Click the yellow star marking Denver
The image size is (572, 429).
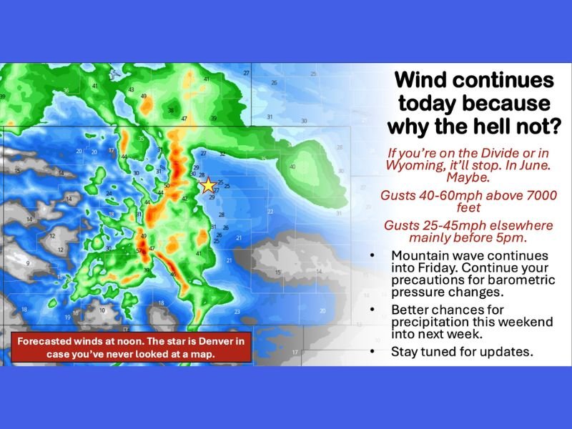click(x=208, y=185)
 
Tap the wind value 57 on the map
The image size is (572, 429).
click(x=139, y=251)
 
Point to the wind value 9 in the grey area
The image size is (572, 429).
click(x=28, y=263)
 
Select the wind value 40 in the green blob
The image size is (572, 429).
click(x=292, y=167)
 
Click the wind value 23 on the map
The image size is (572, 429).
click(x=237, y=311)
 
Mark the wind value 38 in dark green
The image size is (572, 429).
click(x=170, y=110)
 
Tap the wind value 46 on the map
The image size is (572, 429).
click(x=173, y=275)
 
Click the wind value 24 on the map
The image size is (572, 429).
click(x=109, y=194)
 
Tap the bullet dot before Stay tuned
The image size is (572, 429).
click(x=373, y=352)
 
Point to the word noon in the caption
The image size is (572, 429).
click(x=125, y=341)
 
